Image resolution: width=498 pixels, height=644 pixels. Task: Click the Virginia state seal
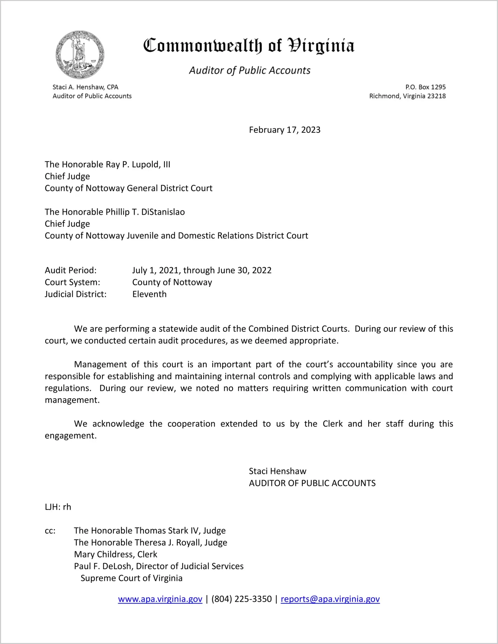80,55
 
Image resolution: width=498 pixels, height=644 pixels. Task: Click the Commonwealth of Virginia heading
249,46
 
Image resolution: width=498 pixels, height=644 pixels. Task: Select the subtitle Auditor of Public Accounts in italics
250,70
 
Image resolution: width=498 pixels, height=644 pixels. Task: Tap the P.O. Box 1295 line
425,87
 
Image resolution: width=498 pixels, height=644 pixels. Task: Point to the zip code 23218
436,96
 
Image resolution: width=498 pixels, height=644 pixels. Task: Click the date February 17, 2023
284,130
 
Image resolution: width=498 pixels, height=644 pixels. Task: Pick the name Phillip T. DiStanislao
145,212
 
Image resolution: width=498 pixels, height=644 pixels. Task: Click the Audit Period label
71,270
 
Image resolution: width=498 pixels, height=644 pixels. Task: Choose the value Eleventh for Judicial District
149,294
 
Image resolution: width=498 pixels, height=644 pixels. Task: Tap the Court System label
72,282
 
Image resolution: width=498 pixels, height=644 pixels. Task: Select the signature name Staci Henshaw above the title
277,471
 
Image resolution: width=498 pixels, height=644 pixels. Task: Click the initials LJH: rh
58,507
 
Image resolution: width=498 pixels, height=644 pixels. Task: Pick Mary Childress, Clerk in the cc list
116,554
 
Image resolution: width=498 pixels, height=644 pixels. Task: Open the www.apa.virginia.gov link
160,599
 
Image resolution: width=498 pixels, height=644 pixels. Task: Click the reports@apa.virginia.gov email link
330,599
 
